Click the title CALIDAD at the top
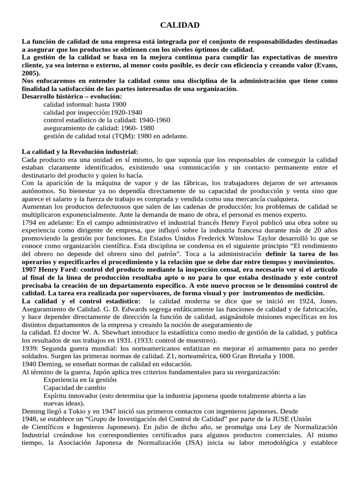coord(180,25)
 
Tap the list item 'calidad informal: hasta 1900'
coord(84,104)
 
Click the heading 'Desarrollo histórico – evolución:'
coord(72,96)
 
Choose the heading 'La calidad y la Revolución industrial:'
coord(80,152)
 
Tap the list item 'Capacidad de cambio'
coord(75,388)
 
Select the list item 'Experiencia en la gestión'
coord(81,380)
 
